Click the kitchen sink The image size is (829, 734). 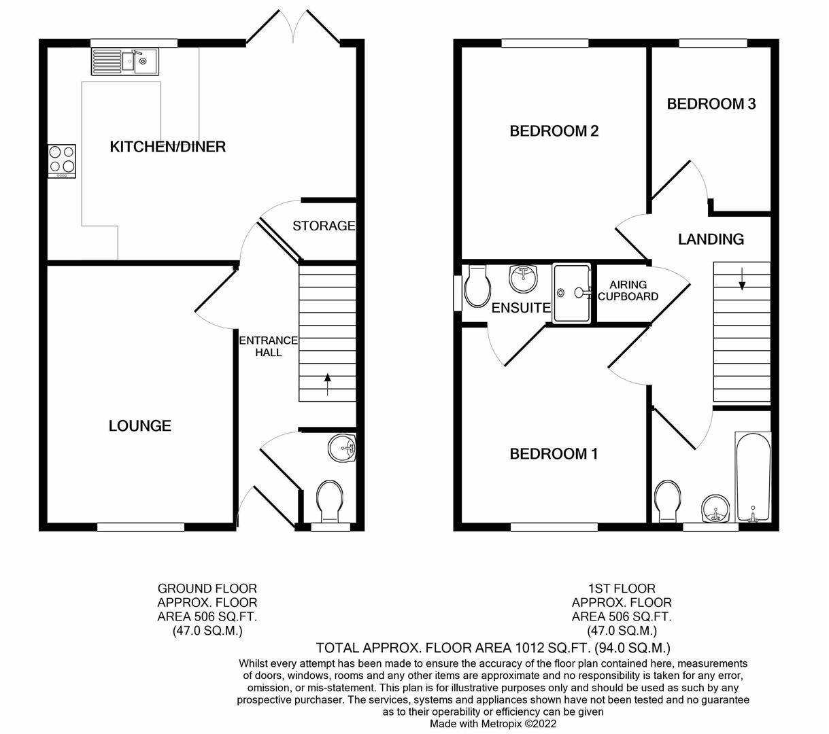pos(123,62)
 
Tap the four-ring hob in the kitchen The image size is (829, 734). pos(62,160)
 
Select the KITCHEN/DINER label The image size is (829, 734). pos(167,147)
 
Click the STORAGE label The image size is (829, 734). pos(324,226)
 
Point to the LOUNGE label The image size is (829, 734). pos(139,426)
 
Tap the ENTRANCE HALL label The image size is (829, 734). pos(268,346)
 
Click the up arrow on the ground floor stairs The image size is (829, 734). pos(328,383)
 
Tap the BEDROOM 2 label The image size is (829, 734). pos(554,130)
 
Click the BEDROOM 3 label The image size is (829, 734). pos(711,104)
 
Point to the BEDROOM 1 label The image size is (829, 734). pos(554,453)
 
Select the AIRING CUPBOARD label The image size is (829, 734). pos(628,290)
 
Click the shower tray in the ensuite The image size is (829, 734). pos(571,293)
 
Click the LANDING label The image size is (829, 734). pos(711,239)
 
